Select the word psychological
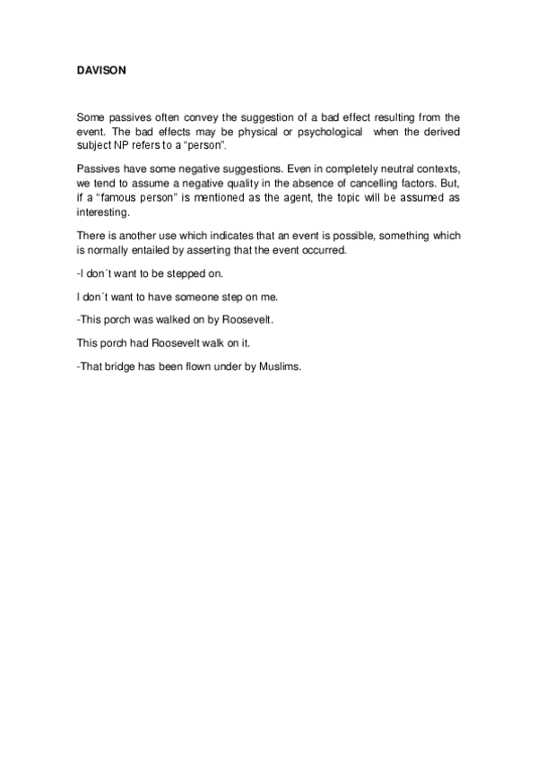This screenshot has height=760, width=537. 318,132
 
